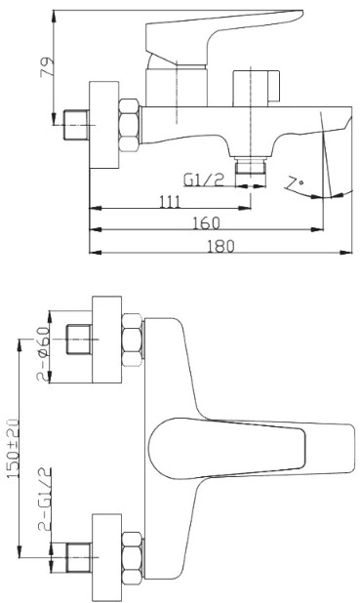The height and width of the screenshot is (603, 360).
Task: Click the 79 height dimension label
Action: (x=46, y=67)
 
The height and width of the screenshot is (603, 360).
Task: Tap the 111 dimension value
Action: (x=169, y=201)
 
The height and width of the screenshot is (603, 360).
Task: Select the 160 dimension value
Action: (x=206, y=223)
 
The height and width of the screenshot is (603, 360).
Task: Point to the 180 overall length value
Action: (x=220, y=246)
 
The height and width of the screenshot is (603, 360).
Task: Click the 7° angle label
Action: (x=295, y=182)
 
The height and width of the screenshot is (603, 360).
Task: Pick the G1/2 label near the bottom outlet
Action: (x=204, y=180)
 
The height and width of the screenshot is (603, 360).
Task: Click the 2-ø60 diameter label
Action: (x=44, y=353)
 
